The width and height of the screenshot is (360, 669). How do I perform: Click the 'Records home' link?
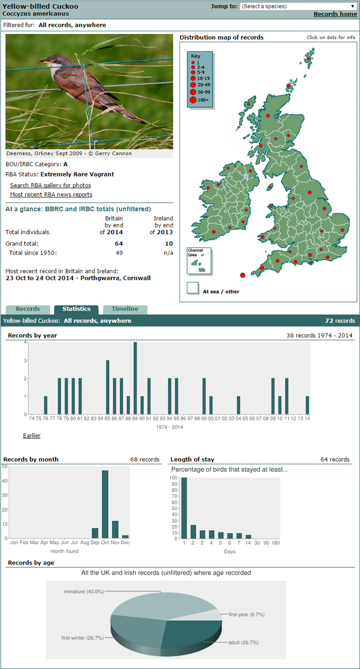(x=335, y=14)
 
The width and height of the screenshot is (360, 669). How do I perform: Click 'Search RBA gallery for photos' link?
(x=50, y=185)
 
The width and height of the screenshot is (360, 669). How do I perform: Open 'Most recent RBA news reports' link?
(x=51, y=194)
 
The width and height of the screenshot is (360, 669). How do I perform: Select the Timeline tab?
(x=125, y=309)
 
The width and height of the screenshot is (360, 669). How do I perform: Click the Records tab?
(x=28, y=309)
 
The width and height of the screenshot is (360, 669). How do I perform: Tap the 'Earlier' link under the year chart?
(x=31, y=436)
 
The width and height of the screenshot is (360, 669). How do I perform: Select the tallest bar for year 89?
(x=135, y=378)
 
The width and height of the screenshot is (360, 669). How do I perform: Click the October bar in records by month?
(x=105, y=504)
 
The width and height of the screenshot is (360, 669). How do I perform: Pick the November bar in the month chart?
(x=115, y=529)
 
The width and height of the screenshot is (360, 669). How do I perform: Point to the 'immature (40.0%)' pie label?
(x=84, y=591)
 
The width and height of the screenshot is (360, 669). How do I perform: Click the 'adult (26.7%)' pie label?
(x=243, y=642)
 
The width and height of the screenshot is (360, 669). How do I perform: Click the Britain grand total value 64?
(x=119, y=243)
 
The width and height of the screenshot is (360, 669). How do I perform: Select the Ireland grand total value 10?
(x=169, y=243)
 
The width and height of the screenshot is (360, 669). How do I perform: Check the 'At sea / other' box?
(x=192, y=288)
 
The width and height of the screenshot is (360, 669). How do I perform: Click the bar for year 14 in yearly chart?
(x=308, y=405)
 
